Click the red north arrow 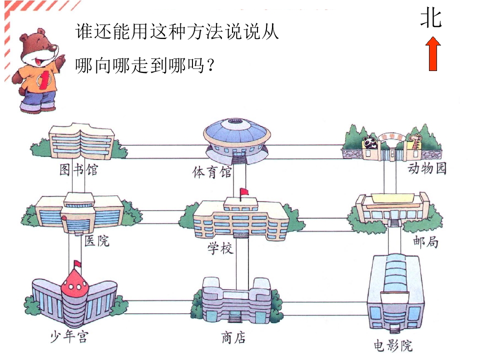(x=433, y=54)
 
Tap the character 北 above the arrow (x=431, y=18)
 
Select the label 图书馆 (x=78, y=169)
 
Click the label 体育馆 (x=212, y=172)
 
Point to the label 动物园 (x=426, y=168)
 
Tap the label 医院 (x=96, y=240)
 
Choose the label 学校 (x=220, y=248)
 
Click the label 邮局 (x=425, y=241)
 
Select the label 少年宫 (x=69, y=336)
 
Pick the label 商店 (x=233, y=337)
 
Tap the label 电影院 (x=393, y=345)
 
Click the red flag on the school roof (x=244, y=192)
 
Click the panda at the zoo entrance (x=370, y=142)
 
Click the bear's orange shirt (x=39, y=78)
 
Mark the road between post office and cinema (x=394, y=242)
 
